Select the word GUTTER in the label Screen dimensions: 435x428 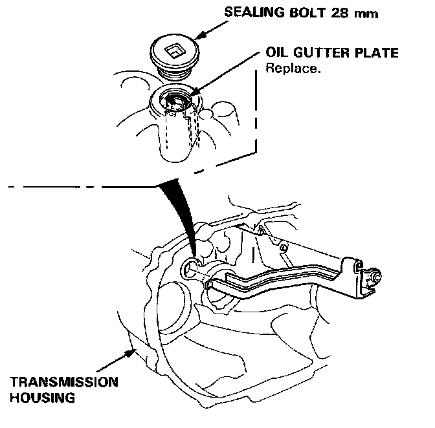tap(314, 54)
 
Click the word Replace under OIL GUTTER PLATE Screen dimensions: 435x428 tap(293, 67)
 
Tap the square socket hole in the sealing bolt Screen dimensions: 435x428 tap(173, 49)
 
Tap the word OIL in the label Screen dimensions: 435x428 tap(277, 54)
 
